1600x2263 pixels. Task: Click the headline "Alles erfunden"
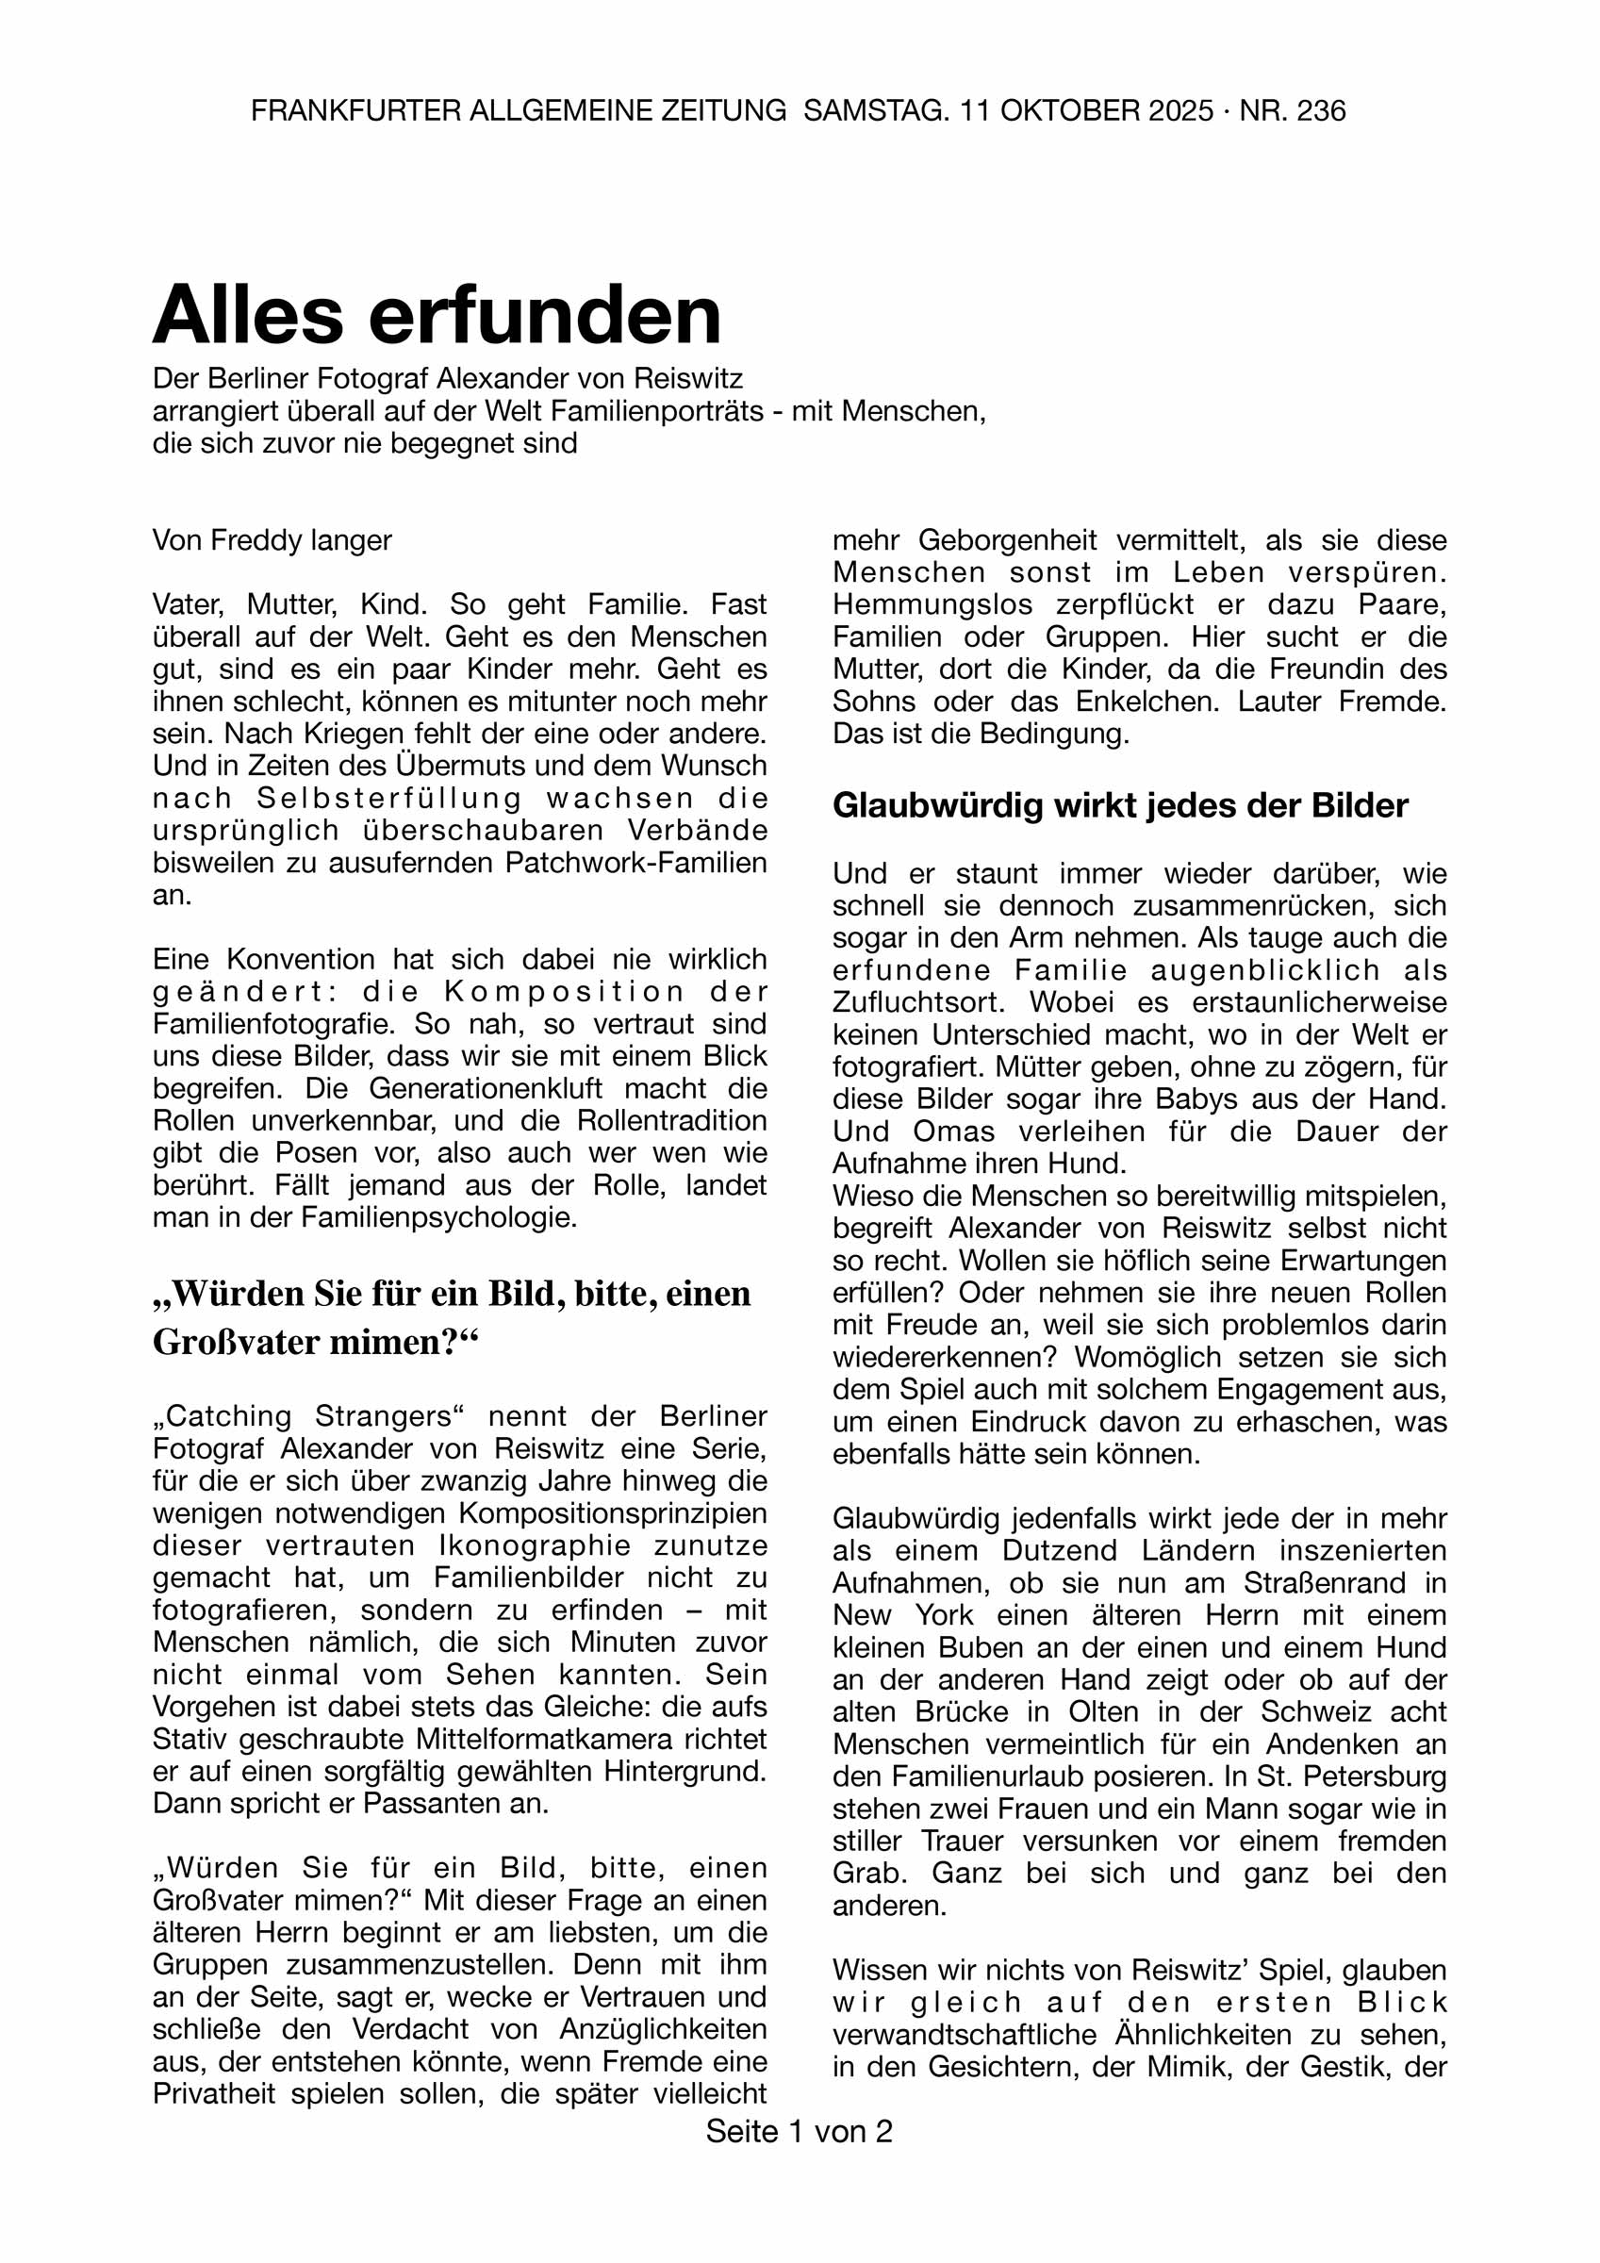pos(437,314)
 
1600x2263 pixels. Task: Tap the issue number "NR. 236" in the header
pos(1292,110)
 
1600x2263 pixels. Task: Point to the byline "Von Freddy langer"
pos(272,540)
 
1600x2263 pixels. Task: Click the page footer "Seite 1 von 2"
pos(799,2132)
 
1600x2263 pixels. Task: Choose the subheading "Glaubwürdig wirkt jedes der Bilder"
pos(1120,805)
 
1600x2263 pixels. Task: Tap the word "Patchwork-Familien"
pos(635,863)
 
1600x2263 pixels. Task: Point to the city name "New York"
pos(902,1615)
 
